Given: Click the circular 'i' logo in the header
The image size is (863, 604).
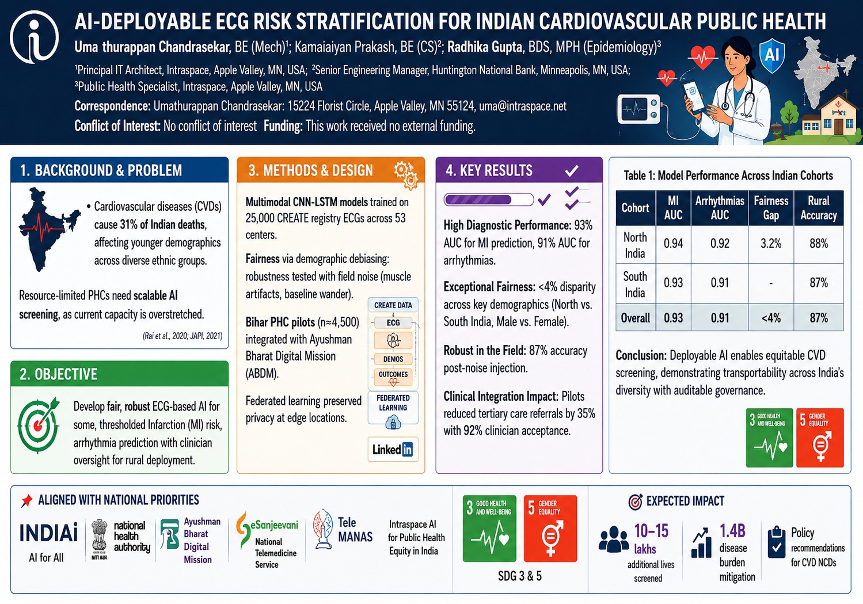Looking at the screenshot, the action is point(35,37).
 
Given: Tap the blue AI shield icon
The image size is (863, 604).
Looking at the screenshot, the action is point(771,55).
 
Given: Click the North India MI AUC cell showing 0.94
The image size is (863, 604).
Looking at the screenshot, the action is point(673,244).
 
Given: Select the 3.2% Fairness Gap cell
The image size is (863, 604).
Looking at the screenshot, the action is point(771,244).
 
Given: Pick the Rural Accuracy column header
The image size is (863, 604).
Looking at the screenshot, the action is point(819,208).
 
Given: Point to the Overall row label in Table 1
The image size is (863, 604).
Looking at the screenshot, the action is point(636,318).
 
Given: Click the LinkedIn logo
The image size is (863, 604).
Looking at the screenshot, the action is point(393,449).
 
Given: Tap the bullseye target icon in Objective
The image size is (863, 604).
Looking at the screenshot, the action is point(39,425).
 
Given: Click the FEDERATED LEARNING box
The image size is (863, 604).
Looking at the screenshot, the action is point(393,408).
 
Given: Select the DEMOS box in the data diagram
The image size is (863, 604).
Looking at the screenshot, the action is point(393,359).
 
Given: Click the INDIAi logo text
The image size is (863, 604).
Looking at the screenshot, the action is point(48,533).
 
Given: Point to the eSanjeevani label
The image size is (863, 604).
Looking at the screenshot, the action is point(274,525).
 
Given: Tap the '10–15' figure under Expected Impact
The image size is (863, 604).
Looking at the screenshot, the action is point(651,531).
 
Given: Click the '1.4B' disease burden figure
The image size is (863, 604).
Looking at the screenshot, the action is point(732,531).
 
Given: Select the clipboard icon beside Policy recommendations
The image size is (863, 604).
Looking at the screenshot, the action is point(776,542).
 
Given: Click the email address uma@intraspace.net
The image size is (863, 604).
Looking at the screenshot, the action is point(522,106).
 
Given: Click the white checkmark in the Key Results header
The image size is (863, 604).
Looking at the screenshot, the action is point(572,170).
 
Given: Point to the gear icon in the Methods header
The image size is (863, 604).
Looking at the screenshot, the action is point(406,175).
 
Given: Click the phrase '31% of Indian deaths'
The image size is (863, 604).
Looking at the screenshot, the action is point(163,224).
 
